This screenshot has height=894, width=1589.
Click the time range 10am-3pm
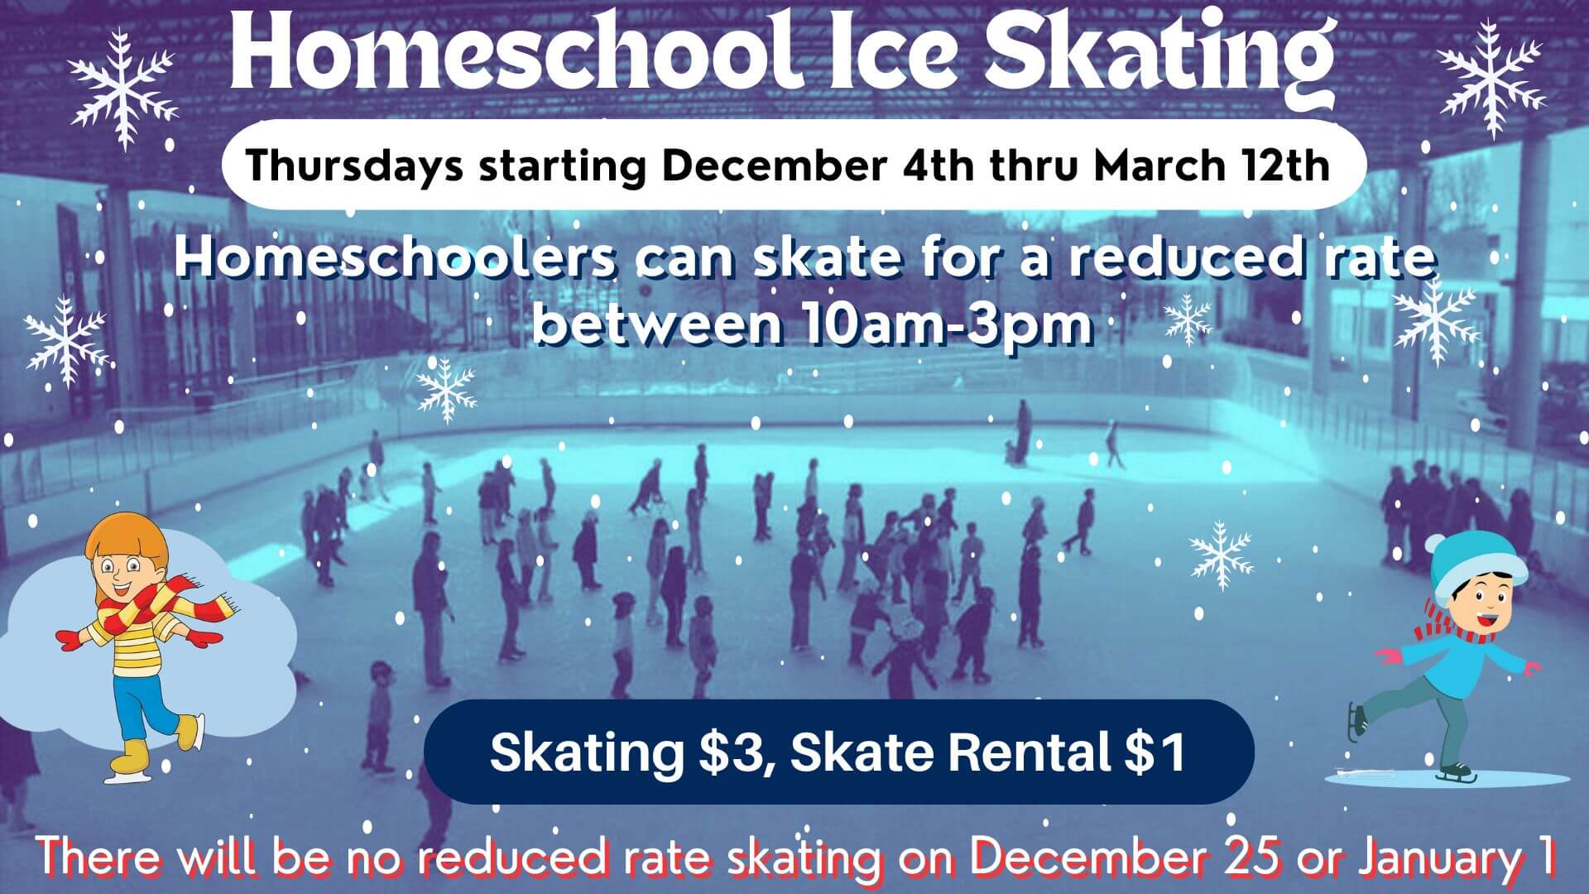click(946, 324)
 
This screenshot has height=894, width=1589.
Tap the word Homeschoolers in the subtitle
click(394, 257)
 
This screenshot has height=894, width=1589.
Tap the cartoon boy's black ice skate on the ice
click(1457, 773)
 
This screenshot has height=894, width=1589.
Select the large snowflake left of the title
click(123, 88)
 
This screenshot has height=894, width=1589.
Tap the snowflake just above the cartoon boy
click(1221, 555)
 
